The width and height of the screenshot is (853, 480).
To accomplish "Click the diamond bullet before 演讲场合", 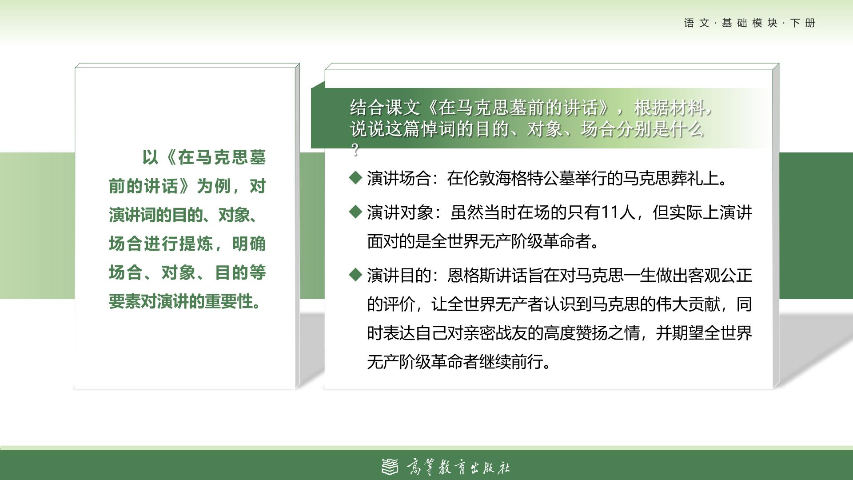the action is click(356, 178).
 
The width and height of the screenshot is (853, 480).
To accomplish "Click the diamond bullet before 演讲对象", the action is click(356, 212).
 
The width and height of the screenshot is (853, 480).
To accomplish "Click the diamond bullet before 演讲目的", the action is click(356, 275).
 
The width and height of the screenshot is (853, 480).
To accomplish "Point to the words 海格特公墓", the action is click(518, 179).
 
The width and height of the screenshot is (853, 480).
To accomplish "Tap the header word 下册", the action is click(803, 23).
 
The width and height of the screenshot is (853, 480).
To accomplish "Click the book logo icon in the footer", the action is click(390, 466).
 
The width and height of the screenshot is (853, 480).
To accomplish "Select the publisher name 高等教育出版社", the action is click(458, 467).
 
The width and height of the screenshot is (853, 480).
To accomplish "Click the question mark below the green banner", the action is click(355, 150).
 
